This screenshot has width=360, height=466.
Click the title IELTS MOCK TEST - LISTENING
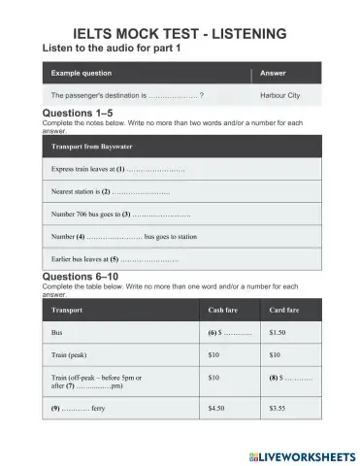pyautogui.click(x=180, y=34)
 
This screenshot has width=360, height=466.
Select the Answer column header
pyautogui.click(x=273, y=74)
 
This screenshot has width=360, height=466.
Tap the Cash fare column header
pyautogui.click(x=224, y=311)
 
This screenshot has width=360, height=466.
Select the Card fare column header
pyautogui.click(x=284, y=311)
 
